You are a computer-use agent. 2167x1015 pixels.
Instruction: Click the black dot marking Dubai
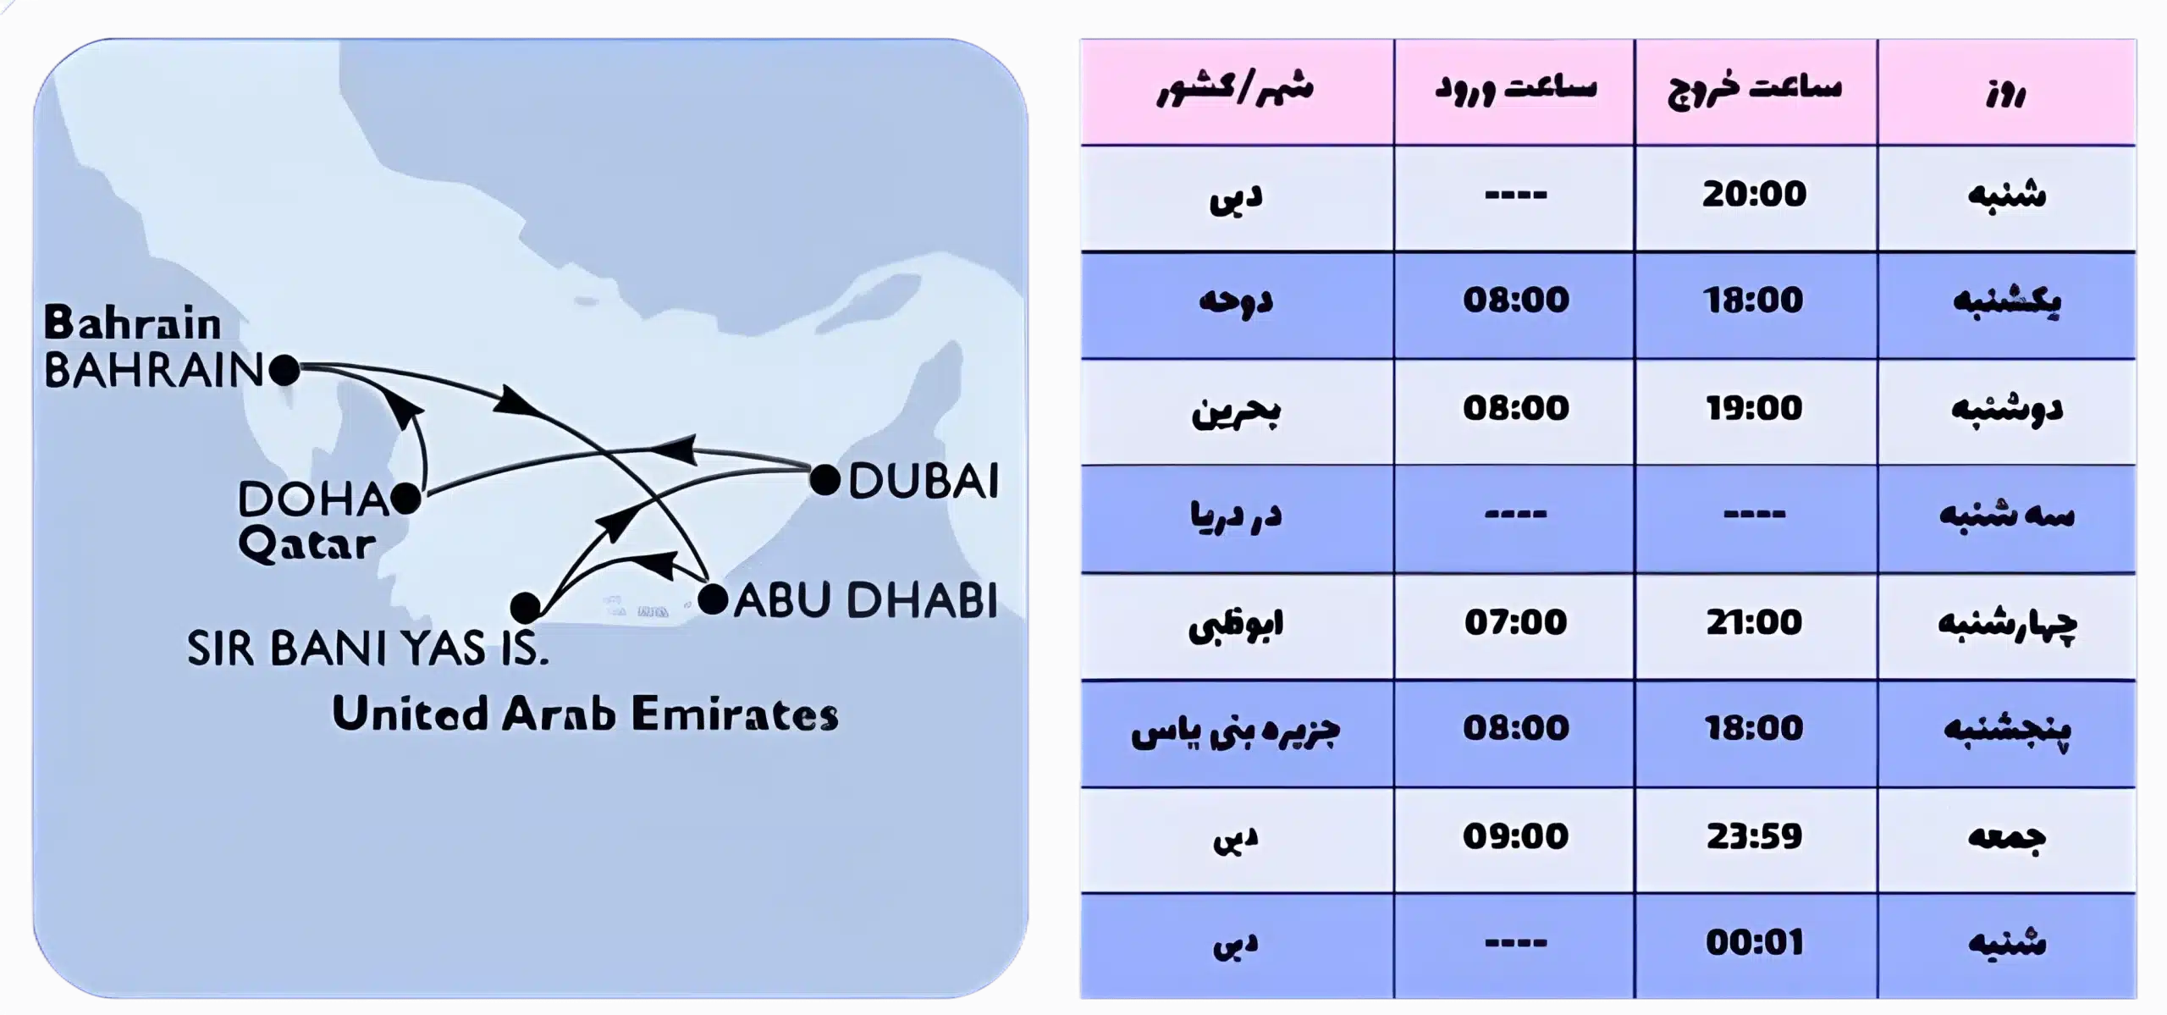click(824, 480)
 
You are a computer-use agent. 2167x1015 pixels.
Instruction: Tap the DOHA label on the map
click(312, 499)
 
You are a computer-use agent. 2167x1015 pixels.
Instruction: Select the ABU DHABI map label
click(865, 600)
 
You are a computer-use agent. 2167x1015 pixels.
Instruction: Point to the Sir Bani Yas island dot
click(526, 607)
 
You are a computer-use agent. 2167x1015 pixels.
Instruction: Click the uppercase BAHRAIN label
click(154, 371)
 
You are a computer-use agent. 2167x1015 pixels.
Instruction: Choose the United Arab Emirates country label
click(585, 714)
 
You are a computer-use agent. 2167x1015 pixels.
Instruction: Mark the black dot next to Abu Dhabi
click(713, 599)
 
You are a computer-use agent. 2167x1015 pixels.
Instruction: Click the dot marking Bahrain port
click(284, 370)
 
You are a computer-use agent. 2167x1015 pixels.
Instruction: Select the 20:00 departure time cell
click(1755, 195)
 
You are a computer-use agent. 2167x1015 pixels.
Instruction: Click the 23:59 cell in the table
click(1755, 836)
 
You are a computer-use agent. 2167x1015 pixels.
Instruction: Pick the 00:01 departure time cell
click(1755, 943)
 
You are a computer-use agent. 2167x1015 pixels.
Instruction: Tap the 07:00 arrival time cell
click(1516, 622)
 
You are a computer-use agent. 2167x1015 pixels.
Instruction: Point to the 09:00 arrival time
click(1516, 836)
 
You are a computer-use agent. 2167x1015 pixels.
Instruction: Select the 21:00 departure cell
click(1755, 622)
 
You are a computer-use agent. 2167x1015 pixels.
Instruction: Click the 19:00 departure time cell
click(1755, 408)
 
